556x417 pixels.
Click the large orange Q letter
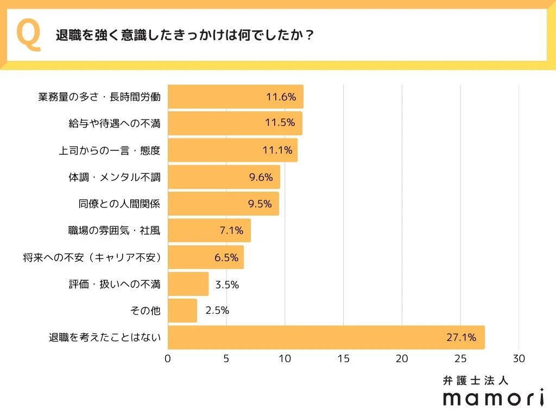(29, 35)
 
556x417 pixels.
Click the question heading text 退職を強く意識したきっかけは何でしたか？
(185, 35)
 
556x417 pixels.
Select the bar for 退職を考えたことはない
(326, 338)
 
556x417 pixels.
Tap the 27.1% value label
(461, 338)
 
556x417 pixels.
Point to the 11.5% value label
(280, 123)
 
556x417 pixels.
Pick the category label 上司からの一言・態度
(110, 150)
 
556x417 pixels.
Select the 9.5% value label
(260, 204)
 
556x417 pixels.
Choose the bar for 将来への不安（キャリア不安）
(205, 257)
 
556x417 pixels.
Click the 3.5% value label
(227, 285)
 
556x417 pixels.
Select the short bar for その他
(182, 311)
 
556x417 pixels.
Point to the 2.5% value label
(217, 311)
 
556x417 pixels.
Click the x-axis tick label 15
(343, 359)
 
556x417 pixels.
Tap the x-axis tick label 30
(519, 359)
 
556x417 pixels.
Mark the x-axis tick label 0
(168, 359)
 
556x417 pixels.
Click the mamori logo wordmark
(493, 398)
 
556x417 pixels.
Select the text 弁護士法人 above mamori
(476, 381)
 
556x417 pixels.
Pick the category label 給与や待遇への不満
(115, 123)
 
